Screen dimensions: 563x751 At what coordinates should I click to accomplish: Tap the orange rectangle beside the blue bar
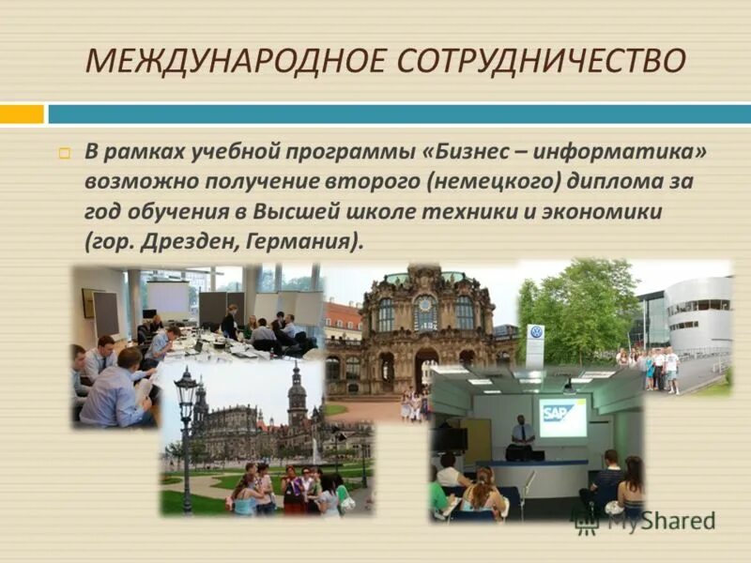tap(22, 114)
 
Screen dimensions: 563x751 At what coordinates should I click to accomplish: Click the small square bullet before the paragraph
tap(65, 153)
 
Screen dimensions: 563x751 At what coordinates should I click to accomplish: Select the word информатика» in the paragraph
tap(623, 152)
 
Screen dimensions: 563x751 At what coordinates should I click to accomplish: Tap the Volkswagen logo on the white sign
tap(536, 333)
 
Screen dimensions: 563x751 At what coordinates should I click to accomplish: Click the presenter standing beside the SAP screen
tap(522, 435)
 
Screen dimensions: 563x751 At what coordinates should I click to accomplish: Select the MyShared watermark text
tap(661, 521)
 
